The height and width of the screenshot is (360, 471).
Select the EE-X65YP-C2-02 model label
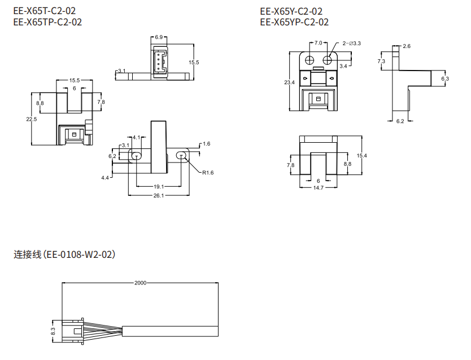[x=294, y=23]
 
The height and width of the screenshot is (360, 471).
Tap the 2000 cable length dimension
[x=140, y=283]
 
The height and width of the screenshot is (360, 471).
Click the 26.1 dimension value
[x=159, y=196]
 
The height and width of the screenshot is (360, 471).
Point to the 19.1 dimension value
[x=159, y=187]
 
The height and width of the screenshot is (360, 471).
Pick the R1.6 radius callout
[x=208, y=173]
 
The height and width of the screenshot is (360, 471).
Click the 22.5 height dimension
[x=32, y=119]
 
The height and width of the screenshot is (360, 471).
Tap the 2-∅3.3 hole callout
[x=351, y=43]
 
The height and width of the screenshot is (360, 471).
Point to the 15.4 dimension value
[x=363, y=156]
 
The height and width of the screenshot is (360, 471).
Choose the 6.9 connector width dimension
[x=159, y=37]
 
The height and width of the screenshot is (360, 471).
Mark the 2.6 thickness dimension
[x=407, y=46]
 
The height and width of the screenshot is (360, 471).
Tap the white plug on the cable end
[x=72, y=330]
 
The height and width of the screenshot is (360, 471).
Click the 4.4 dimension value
[x=105, y=178]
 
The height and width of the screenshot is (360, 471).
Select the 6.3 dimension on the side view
[x=445, y=78]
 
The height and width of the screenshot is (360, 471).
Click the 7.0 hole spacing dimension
[x=318, y=43]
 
